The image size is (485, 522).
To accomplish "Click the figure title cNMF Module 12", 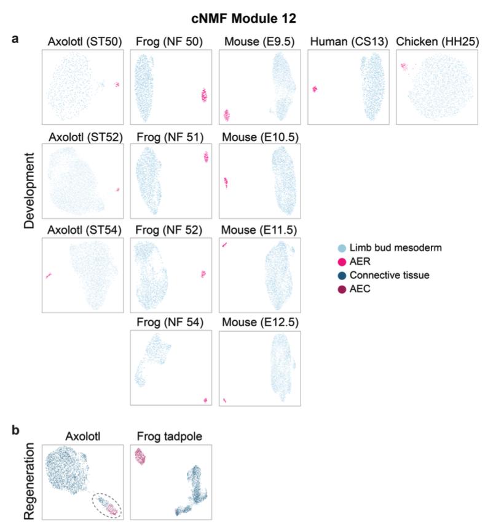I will pos(242,19).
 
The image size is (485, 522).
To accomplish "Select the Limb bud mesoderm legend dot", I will pos(334,247).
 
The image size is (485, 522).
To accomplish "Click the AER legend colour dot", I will pos(334,261).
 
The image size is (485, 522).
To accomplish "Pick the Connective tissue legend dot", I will pos(334,275).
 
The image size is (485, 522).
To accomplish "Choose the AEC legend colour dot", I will pos(334,289).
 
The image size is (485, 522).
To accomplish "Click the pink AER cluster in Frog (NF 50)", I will pos(205,95).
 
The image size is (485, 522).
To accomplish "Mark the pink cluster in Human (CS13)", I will pos(315,89).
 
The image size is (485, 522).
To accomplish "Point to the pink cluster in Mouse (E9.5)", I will pos(226,115).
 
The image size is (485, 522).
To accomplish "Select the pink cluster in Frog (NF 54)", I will pos(205,401).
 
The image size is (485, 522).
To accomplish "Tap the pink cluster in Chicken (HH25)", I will pos(405,66).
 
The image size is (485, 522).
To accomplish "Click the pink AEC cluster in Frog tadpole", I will pos(141,457).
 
